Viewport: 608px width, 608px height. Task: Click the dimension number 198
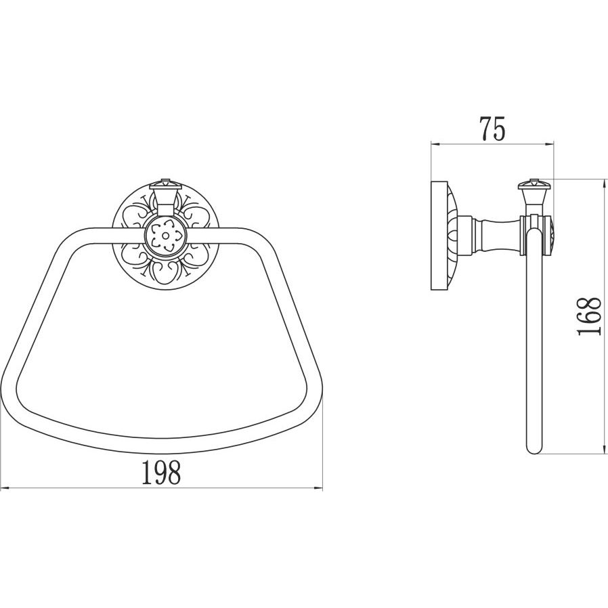[x=161, y=472]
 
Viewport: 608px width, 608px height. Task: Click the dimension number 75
[x=492, y=129]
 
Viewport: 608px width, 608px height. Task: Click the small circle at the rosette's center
[x=166, y=236]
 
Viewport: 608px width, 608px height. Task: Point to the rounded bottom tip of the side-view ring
[x=534, y=450]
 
